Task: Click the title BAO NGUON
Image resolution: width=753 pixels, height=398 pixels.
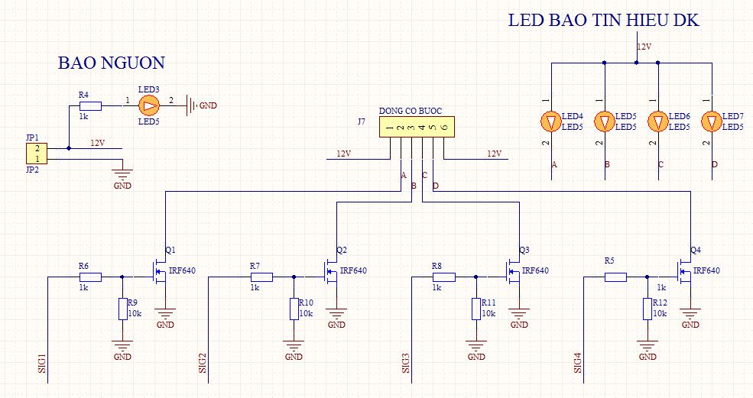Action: (x=111, y=63)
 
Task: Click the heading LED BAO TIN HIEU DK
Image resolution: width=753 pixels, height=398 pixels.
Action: (x=603, y=21)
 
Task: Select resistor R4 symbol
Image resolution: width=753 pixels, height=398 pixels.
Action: (x=90, y=105)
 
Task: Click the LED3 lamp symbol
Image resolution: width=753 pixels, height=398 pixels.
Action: (x=148, y=105)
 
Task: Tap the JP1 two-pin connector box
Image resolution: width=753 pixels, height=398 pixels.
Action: (x=37, y=153)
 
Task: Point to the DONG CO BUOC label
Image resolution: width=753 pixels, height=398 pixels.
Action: (x=410, y=111)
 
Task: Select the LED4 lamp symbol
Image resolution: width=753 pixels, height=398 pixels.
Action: (x=550, y=121)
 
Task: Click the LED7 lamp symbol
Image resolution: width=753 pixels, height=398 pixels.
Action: (x=712, y=121)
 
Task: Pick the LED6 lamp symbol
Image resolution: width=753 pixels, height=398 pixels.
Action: (x=658, y=121)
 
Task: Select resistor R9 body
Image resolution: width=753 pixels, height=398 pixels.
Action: (x=122, y=309)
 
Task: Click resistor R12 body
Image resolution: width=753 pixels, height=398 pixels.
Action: (x=647, y=309)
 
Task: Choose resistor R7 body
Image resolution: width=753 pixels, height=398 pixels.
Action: (x=261, y=277)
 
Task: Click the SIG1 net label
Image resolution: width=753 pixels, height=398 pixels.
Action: (x=42, y=363)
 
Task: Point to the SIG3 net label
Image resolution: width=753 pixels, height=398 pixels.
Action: (x=406, y=363)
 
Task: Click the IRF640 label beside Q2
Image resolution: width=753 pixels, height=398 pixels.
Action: (x=353, y=270)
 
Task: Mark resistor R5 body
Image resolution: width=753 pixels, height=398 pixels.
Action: (x=615, y=277)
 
